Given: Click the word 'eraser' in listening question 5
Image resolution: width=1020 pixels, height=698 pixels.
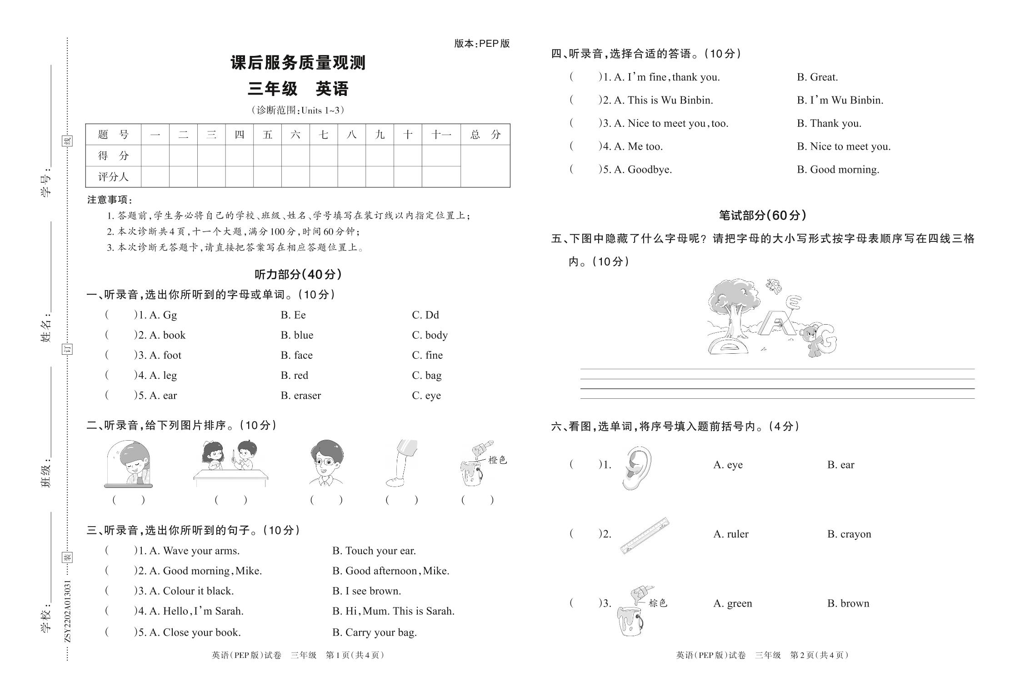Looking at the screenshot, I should [307, 396].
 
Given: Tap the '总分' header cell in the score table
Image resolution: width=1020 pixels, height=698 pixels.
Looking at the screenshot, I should [485, 135].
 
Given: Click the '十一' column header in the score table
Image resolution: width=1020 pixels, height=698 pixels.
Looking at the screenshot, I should [441, 135].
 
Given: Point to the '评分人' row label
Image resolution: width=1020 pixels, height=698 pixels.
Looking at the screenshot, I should [113, 177].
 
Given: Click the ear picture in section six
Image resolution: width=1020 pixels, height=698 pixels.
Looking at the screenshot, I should [637, 467].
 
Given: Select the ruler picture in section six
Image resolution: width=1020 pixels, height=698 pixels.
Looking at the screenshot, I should [645, 535].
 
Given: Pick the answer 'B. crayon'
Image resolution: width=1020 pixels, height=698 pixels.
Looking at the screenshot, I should [849, 534].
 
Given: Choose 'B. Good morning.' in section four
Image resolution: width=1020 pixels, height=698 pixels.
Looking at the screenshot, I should [838, 170].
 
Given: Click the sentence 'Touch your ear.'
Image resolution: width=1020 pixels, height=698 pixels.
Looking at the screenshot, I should [380, 551].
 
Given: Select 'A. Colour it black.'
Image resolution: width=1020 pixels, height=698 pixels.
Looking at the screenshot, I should [191, 591].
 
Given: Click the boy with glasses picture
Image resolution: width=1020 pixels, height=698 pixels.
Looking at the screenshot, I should [326, 463].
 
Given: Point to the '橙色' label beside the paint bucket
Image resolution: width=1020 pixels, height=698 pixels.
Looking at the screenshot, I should [497, 460].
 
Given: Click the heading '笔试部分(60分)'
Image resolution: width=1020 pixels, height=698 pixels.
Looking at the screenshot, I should [762, 216].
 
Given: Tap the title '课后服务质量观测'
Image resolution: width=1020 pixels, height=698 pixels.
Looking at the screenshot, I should [298, 63].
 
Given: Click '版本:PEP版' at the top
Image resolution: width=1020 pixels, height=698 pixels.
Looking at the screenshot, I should [482, 44].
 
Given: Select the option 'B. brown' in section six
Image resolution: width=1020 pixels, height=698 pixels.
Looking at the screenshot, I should [848, 603].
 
